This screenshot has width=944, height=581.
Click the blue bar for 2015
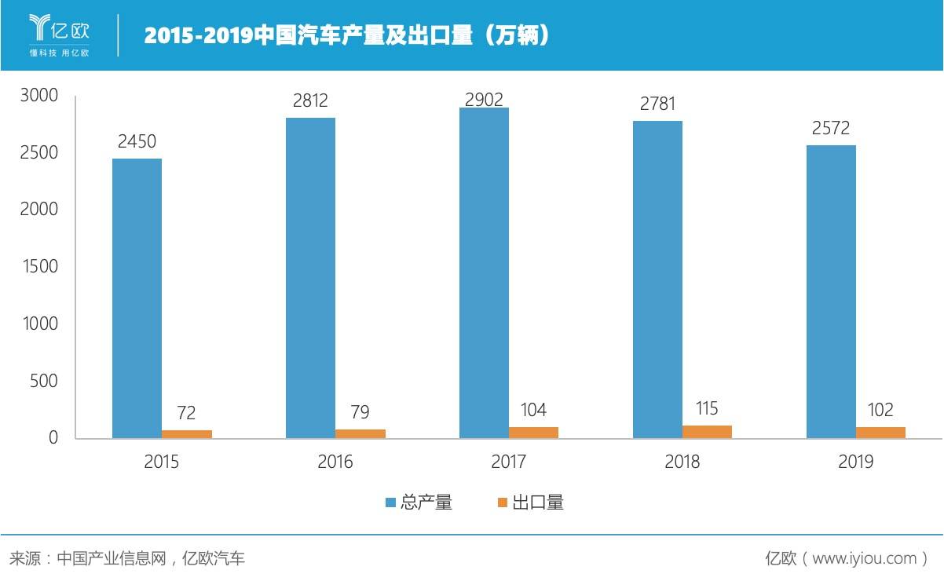[137, 298]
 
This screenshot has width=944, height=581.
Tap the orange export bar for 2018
[707, 432]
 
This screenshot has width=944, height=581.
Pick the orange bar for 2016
[360, 433]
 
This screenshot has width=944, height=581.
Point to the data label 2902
[484, 99]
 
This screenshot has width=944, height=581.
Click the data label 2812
[309, 101]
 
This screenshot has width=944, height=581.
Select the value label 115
[707, 408]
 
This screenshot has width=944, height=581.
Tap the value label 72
[186, 413]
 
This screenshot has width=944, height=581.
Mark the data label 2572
[831, 129]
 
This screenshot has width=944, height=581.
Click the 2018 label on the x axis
[682, 462]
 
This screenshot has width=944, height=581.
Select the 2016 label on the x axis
[335, 462]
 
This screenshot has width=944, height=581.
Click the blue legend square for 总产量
[390, 502]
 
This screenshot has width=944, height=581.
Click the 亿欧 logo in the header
[60, 35]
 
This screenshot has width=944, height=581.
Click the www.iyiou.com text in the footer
[864, 558]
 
